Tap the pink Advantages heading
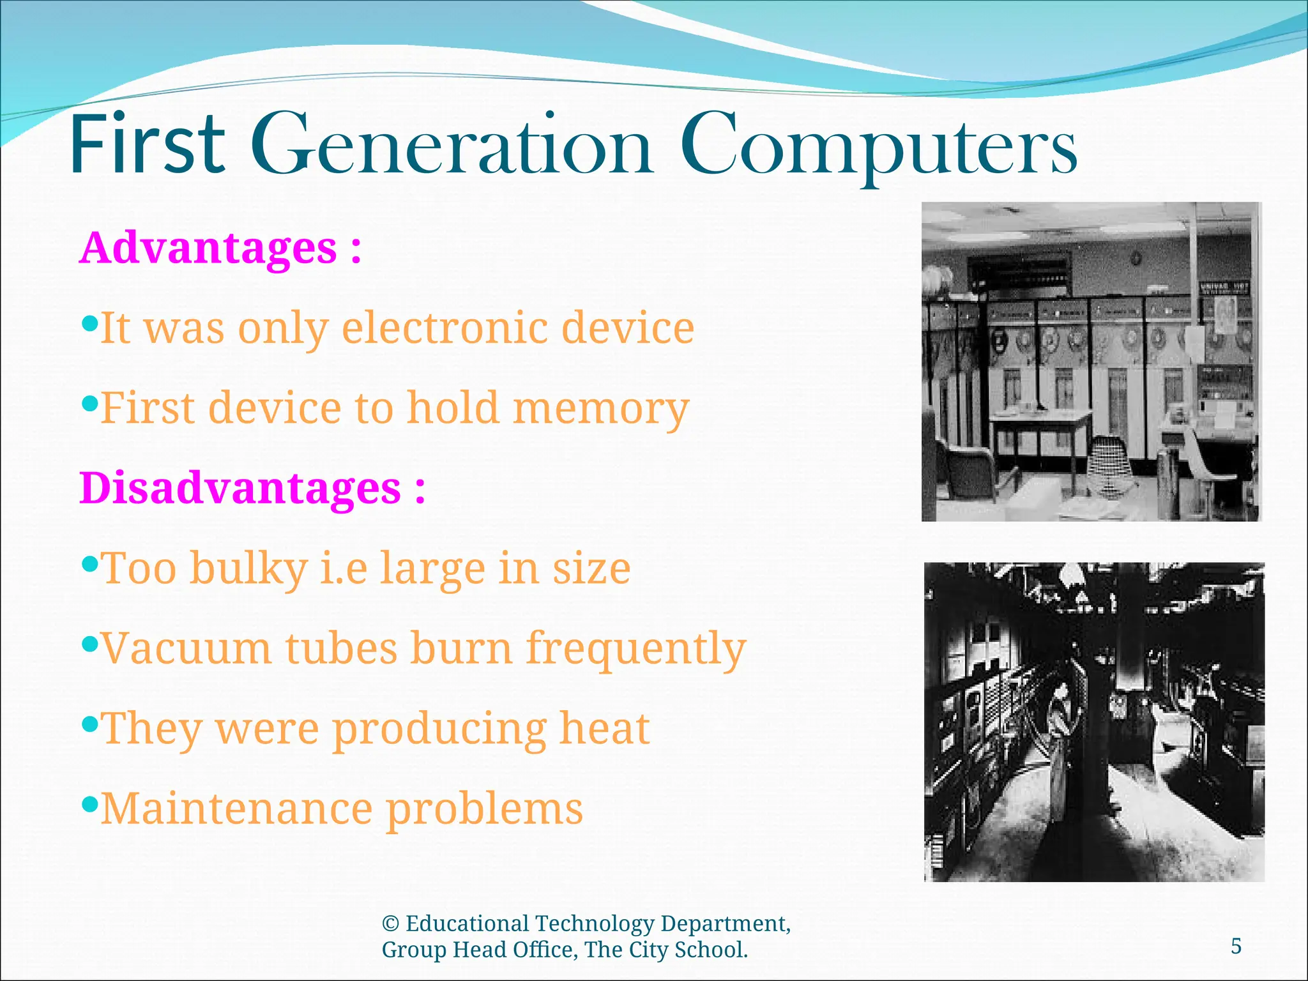tap(208, 248)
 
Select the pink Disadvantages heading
tap(240, 488)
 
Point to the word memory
tap(600, 409)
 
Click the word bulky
tap(248, 568)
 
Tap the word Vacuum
tap(186, 648)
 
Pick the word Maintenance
tap(236, 809)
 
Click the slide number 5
tap(1236, 946)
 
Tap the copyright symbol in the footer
tap(390, 924)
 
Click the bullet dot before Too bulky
tap(91, 563)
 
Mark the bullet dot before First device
tap(91, 403)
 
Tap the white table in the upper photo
tap(1040, 418)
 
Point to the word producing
tap(439, 729)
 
